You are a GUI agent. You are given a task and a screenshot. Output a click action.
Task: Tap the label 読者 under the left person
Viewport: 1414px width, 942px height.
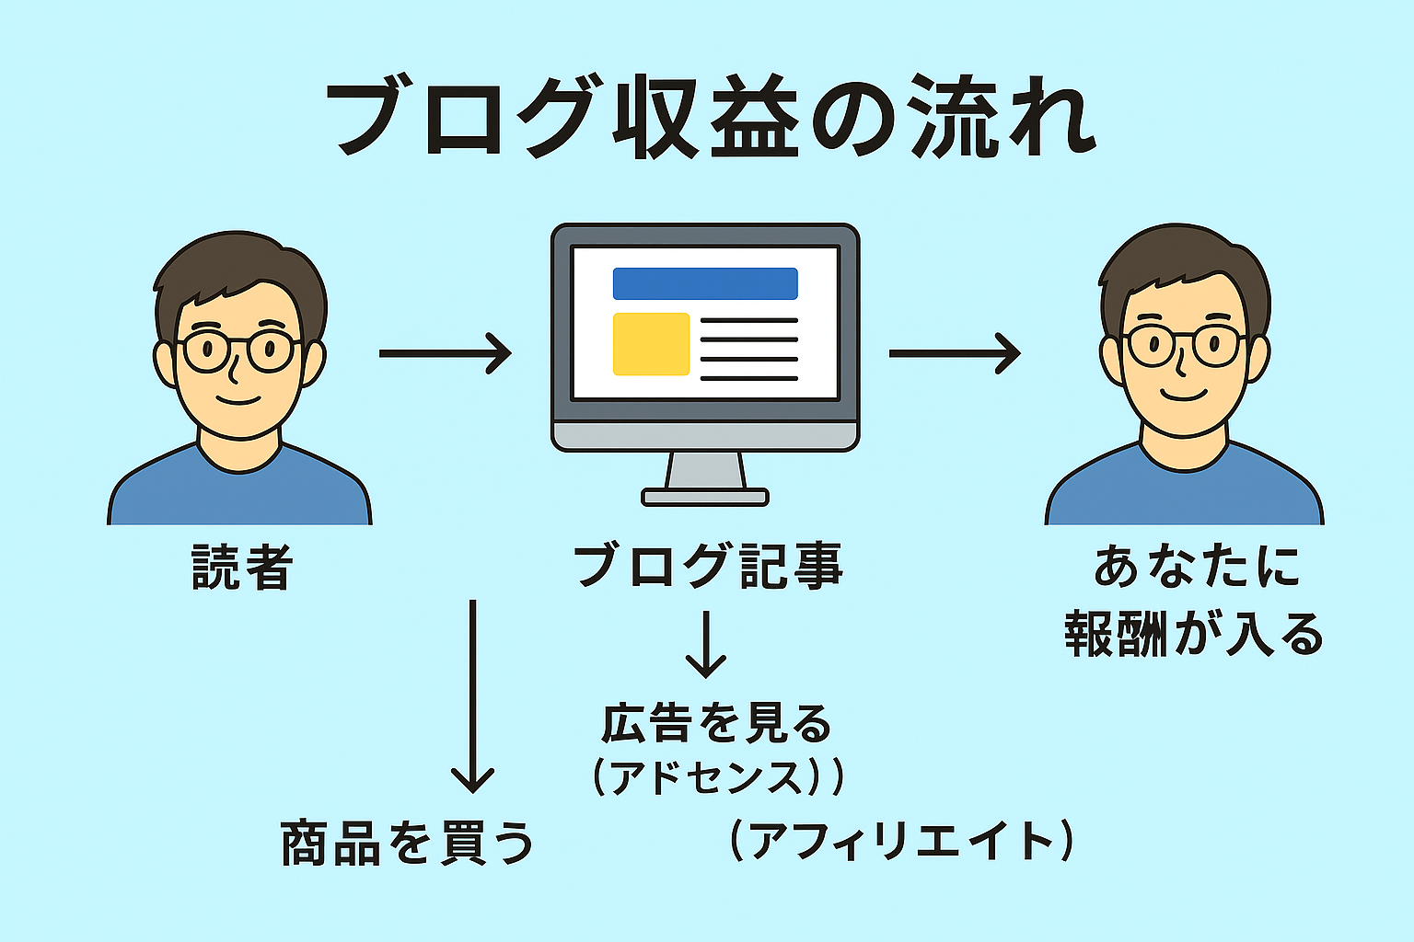click(x=242, y=567)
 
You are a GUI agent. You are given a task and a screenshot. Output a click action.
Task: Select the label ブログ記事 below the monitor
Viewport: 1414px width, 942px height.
click(x=707, y=565)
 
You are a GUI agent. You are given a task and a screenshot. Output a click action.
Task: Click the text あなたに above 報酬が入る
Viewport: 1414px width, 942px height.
click(x=1196, y=566)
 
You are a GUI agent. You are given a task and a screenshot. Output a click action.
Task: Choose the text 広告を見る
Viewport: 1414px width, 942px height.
click(x=716, y=723)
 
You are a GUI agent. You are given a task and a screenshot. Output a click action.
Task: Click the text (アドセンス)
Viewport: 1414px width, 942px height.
click(x=716, y=777)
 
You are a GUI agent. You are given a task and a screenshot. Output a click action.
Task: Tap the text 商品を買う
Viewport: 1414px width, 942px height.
click(x=407, y=843)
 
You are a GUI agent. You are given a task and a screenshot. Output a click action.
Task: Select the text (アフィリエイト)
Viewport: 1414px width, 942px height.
click(x=900, y=841)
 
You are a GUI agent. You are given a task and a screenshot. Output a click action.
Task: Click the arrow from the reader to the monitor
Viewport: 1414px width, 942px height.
click(x=445, y=352)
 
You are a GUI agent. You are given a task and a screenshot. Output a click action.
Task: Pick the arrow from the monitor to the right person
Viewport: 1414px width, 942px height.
click(x=954, y=352)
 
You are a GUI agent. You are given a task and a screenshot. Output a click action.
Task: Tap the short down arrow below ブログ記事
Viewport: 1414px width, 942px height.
click(x=706, y=644)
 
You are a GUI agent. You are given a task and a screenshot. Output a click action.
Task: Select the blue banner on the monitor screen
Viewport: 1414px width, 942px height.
click(x=705, y=283)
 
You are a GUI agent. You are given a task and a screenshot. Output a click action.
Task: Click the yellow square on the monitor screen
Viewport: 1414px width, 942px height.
click(x=651, y=344)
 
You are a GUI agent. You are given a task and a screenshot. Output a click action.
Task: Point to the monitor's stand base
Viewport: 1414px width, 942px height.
click(x=705, y=498)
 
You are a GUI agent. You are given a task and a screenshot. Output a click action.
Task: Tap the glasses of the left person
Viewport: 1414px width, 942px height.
click(x=237, y=350)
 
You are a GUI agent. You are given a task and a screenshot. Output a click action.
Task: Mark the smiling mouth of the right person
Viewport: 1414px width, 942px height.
click(x=1184, y=396)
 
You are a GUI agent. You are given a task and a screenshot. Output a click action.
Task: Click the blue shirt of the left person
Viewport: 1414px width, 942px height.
click(x=239, y=492)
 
